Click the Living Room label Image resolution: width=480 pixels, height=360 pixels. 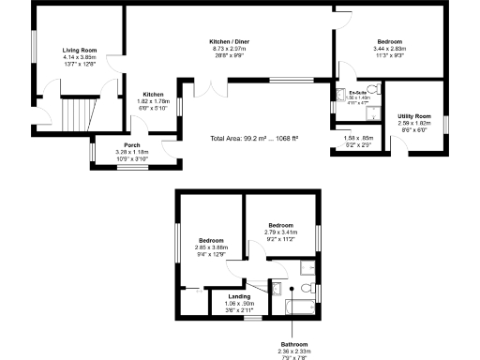point(80,50)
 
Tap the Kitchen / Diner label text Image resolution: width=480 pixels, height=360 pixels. point(229,42)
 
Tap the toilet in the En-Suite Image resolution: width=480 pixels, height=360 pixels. point(374,91)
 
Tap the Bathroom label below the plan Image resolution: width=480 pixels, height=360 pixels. point(293,344)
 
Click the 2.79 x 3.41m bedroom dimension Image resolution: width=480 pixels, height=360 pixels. point(281,232)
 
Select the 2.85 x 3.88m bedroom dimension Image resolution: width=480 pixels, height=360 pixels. point(212,247)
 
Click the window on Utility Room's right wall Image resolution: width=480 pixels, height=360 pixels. point(445,122)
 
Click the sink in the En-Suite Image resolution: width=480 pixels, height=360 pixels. point(340,94)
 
